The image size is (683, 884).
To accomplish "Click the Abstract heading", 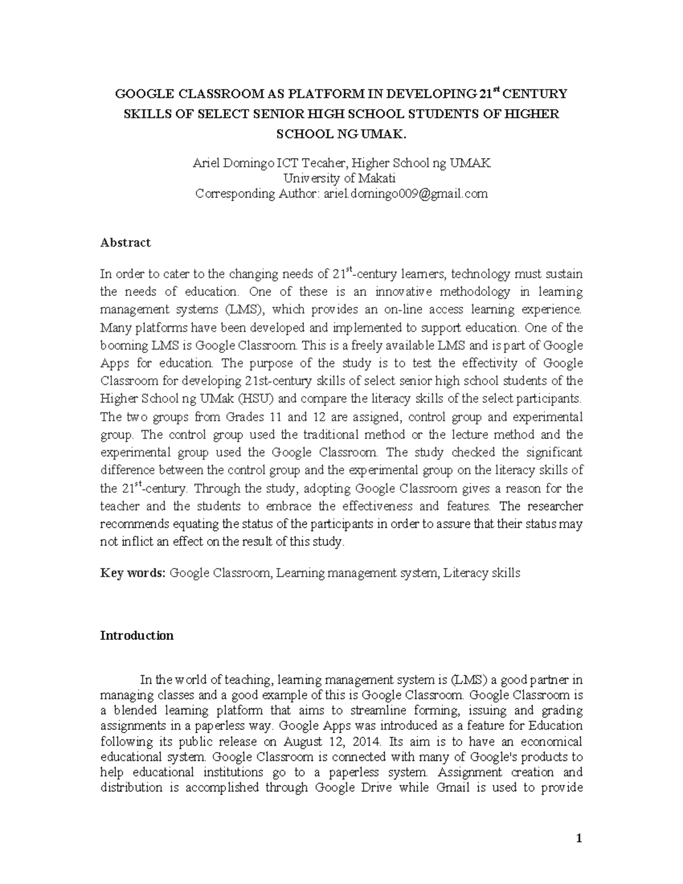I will point(125,242).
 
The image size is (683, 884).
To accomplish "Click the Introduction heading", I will point(137,635).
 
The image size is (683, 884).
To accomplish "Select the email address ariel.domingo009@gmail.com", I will point(405,194).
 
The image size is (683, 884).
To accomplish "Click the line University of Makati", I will point(341,178).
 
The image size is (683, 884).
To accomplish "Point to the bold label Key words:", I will point(133,573).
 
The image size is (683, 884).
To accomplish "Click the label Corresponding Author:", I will point(257,194).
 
